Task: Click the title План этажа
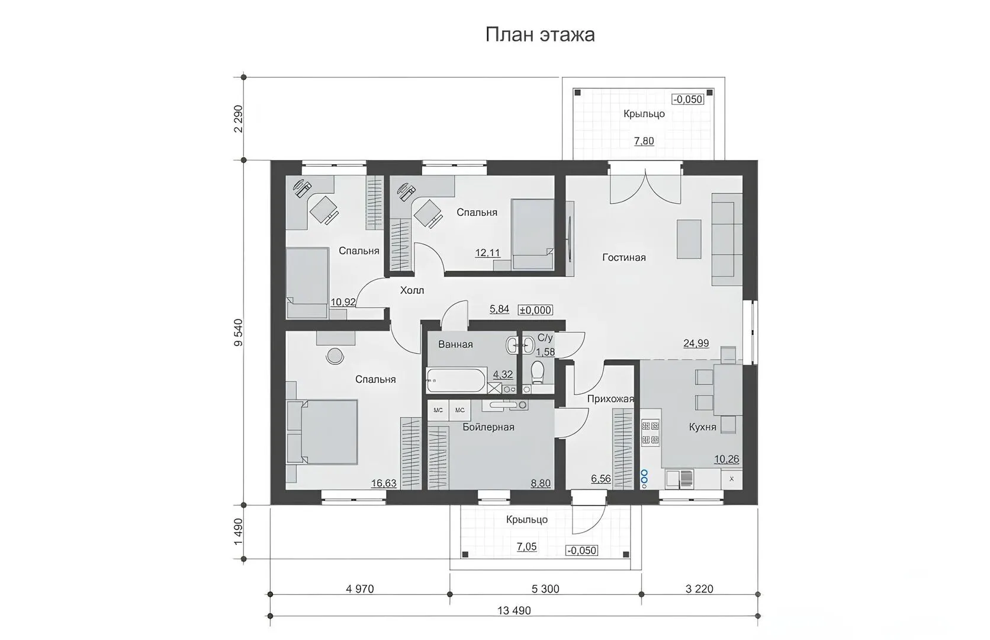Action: pos(540,34)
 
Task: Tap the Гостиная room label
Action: pos(623,257)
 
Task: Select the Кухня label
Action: pos(702,427)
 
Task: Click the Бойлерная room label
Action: pos(488,427)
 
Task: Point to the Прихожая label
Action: pos(610,399)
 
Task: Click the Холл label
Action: pos(412,290)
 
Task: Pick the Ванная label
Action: pos(455,344)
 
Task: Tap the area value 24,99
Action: pos(696,343)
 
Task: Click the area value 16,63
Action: pos(384,484)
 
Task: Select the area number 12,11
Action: pos(487,253)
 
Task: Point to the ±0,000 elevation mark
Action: pos(536,310)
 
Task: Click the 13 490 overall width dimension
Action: pos(514,611)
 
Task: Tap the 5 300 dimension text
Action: pos(545,589)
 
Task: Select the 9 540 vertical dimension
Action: pos(239,332)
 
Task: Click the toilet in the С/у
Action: pos(538,372)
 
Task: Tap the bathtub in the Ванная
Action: pos(456,379)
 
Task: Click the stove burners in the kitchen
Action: pos(650,432)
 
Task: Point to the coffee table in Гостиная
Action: pos(689,239)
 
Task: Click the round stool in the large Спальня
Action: pos(335,356)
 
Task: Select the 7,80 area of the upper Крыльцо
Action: pos(644,142)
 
